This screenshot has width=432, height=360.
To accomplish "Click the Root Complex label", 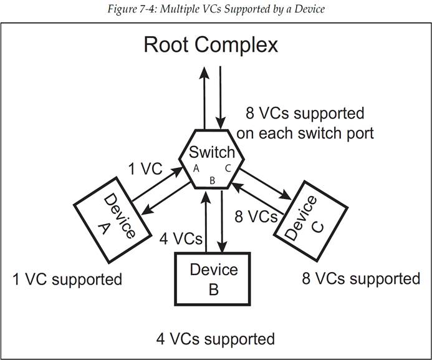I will click(211, 45).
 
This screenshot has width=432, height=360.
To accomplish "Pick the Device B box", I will click(214, 278).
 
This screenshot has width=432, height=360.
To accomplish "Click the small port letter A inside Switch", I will click(196, 168).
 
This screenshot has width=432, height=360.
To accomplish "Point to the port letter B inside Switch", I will click(212, 180).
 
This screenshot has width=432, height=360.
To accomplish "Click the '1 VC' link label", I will click(145, 169).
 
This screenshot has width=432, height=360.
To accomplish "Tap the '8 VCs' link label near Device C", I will click(256, 216).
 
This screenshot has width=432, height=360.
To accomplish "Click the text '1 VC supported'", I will click(67, 279).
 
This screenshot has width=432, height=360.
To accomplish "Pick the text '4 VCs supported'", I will click(215, 339).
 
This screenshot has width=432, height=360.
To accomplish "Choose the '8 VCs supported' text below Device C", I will click(361, 278).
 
